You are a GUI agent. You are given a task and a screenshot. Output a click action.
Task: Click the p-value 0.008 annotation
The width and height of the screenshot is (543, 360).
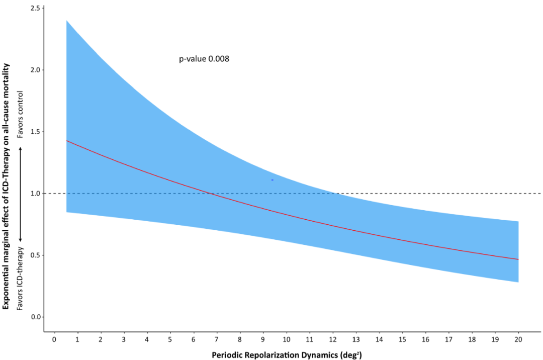coord(204,59)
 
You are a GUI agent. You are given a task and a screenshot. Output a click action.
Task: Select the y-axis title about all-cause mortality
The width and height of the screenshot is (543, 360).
coord(7,186)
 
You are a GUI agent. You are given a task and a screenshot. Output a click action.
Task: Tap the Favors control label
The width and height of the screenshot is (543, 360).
coord(21,115)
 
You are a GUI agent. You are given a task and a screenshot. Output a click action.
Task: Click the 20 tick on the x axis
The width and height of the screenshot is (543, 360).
coord(518,339)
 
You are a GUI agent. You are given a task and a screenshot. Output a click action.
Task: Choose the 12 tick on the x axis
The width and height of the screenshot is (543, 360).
coord(333,339)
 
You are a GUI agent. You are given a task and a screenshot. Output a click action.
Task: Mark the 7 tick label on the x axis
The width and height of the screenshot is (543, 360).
coord(217,339)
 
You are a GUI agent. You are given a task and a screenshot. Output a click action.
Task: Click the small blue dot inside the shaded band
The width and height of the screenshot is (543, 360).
coord(272,179)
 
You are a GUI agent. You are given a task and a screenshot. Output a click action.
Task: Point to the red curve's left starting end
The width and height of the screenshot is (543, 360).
coord(67,141)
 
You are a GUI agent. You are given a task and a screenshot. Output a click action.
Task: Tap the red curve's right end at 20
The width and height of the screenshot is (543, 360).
coord(518,259)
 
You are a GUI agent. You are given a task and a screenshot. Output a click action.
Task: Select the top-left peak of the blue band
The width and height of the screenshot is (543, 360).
coord(67,21)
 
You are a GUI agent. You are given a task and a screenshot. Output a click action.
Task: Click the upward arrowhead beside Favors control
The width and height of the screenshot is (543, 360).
coord(21,149)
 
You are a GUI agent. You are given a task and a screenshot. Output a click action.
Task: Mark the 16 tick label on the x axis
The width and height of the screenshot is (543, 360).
coord(425,339)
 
